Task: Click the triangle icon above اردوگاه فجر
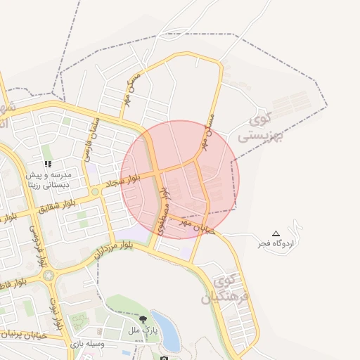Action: click(x=276, y=233)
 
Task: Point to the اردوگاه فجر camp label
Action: click(x=277, y=243)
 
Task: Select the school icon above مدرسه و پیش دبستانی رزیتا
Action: click(x=48, y=163)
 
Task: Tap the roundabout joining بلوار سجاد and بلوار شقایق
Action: click(x=94, y=191)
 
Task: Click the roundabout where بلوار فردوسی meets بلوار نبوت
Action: click(x=49, y=274)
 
